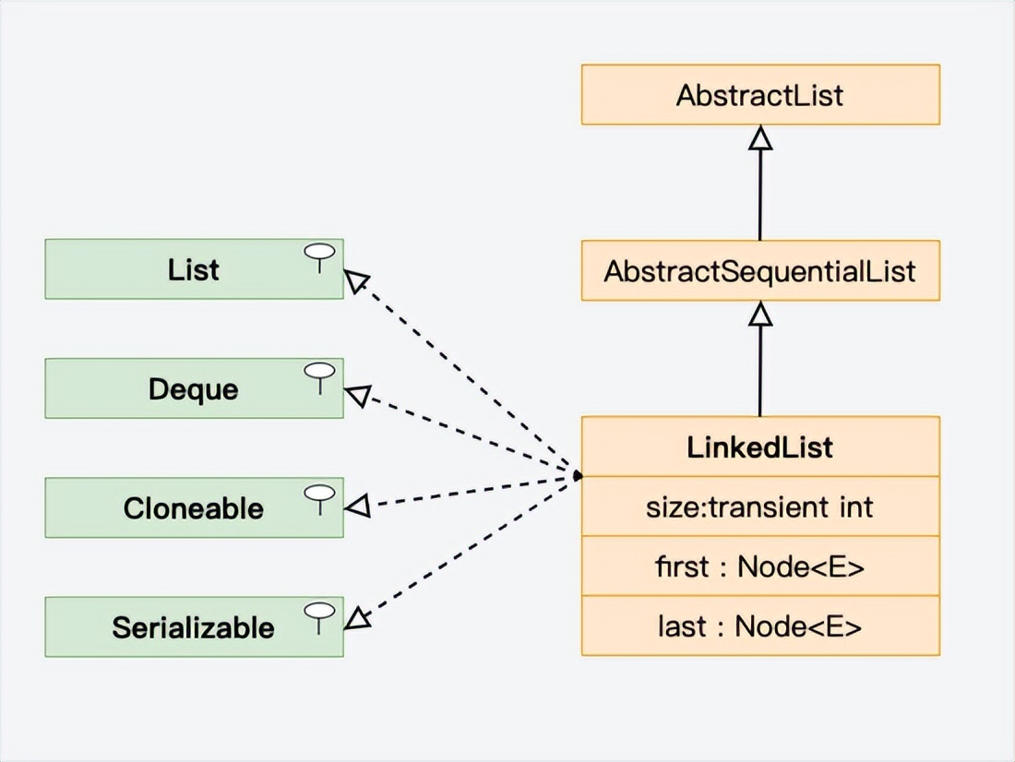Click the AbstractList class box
pyautogui.click(x=760, y=95)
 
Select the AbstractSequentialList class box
pyautogui.click(x=760, y=271)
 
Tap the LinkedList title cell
pyautogui.click(x=760, y=447)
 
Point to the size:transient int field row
pyautogui.click(x=760, y=506)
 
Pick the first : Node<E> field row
pyautogui.click(x=760, y=566)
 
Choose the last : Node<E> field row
pyautogui.click(x=760, y=626)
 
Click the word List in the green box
pyautogui.click(x=193, y=270)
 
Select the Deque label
pyautogui.click(x=193, y=389)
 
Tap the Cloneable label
pyautogui.click(x=193, y=508)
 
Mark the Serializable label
pyautogui.click(x=193, y=628)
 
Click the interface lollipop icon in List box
pyautogui.click(x=319, y=257)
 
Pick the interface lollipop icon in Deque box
pyautogui.click(x=319, y=376)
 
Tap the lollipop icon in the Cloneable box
pyautogui.click(x=319, y=495)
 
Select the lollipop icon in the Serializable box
pyautogui.click(x=319, y=614)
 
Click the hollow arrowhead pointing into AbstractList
pyautogui.click(x=760, y=137)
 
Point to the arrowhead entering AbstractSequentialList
pyautogui.click(x=760, y=314)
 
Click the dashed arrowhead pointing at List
pyautogui.click(x=357, y=280)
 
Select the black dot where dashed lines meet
pyautogui.click(x=577, y=476)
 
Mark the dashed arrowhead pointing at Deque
pyautogui.click(x=357, y=397)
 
